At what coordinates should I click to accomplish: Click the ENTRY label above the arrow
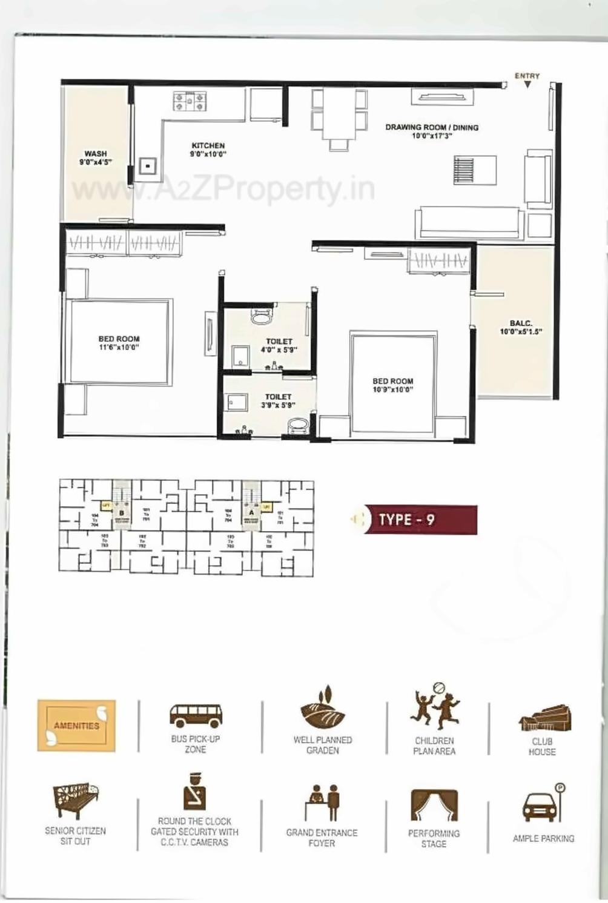[527, 76]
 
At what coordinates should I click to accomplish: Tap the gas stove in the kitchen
[190, 101]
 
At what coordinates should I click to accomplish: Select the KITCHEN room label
[208, 146]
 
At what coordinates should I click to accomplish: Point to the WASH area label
[96, 154]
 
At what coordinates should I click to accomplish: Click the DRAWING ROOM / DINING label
[432, 127]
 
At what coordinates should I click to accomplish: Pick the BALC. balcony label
[521, 323]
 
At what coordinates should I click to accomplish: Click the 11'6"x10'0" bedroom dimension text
[119, 348]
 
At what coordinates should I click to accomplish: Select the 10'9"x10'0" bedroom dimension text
[392, 389]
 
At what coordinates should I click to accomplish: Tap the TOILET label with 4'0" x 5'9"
[279, 342]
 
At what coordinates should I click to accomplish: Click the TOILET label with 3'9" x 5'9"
[278, 397]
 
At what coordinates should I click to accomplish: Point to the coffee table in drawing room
[475, 170]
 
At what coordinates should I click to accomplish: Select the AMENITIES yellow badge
[76, 726]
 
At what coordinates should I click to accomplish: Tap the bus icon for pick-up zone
[196, 715]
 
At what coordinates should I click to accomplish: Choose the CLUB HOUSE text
[542, 747]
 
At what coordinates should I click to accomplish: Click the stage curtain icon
[434, 805]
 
